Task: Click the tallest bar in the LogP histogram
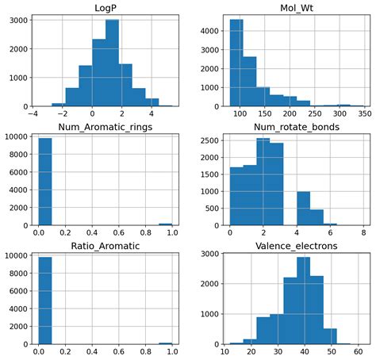coord(112,63)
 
